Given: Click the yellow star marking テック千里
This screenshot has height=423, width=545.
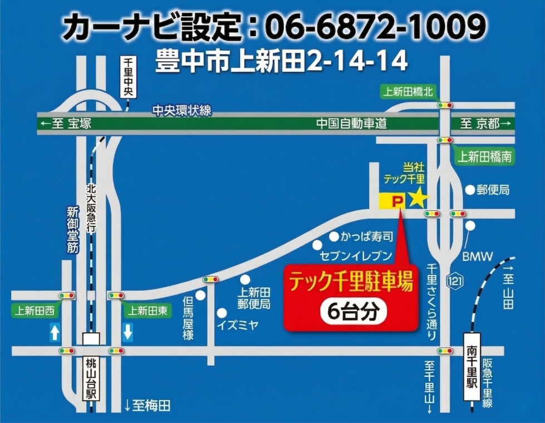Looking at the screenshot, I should (x=418, y=198).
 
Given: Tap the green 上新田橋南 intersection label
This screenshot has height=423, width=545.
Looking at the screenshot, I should (x=483, y=157).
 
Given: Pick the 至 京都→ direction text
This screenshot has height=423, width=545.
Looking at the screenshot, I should (x=485, y=124).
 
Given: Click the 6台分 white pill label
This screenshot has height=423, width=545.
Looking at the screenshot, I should (x=349, y=312).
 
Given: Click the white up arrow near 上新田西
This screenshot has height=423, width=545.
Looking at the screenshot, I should (x=55, y=333).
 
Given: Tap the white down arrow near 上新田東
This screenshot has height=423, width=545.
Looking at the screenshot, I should (x=127, y=333).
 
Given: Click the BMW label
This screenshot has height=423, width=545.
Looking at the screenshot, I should (x=477, y=257).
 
